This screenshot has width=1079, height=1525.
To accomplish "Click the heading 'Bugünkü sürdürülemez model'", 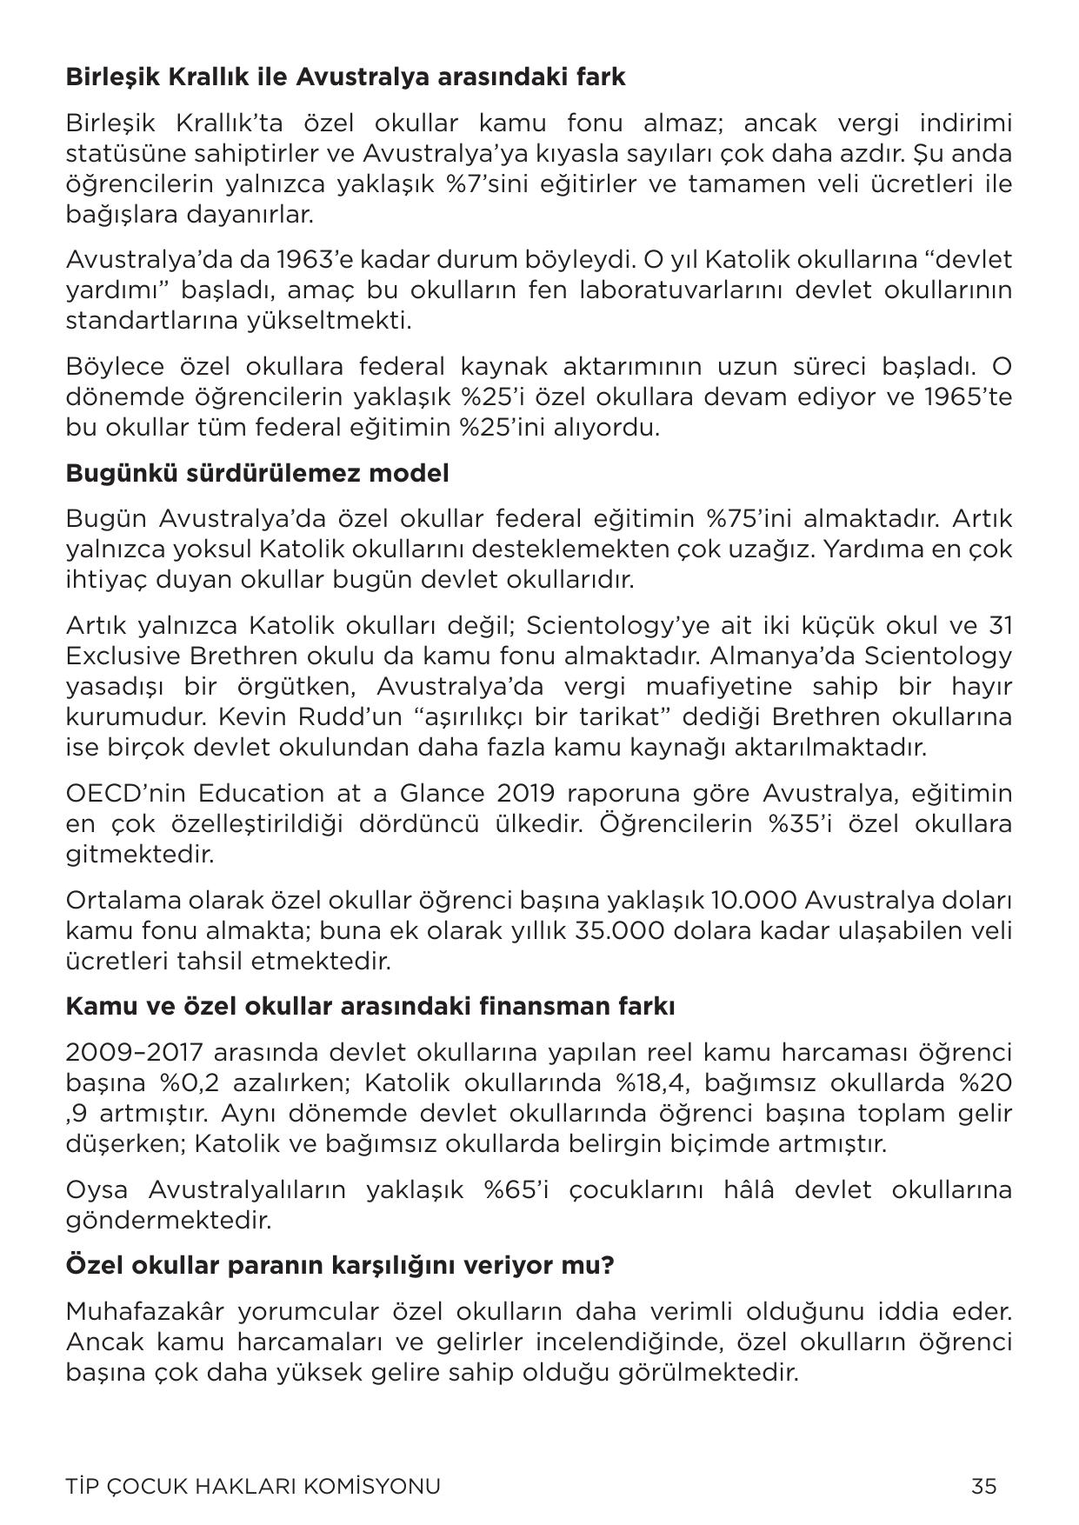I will click(x=257, y=474).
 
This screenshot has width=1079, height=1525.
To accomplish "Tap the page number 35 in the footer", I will click(x=983, y=1486).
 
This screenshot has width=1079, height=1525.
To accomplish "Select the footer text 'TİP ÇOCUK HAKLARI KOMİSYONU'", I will click(x=253, y=1486).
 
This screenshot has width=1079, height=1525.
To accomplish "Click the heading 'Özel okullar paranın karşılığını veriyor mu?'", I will click(x=340, y=1265).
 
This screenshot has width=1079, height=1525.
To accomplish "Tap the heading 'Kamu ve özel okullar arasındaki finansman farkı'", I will click(x=370, y=1007).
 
